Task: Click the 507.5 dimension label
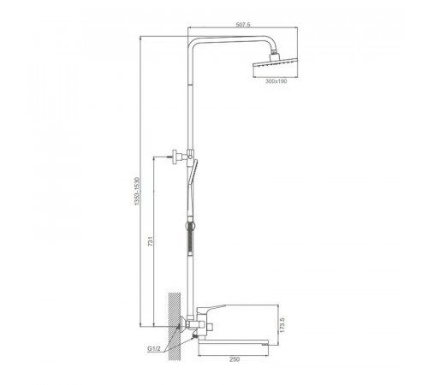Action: point(243,25)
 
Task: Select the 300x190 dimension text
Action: point(276,81)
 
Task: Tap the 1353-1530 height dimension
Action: point(137,191)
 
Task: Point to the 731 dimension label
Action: point(151,241)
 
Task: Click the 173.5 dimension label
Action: point(282,325)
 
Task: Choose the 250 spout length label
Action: point(235,359)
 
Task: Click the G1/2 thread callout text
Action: point(154,348)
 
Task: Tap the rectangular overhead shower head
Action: point(275,64)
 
